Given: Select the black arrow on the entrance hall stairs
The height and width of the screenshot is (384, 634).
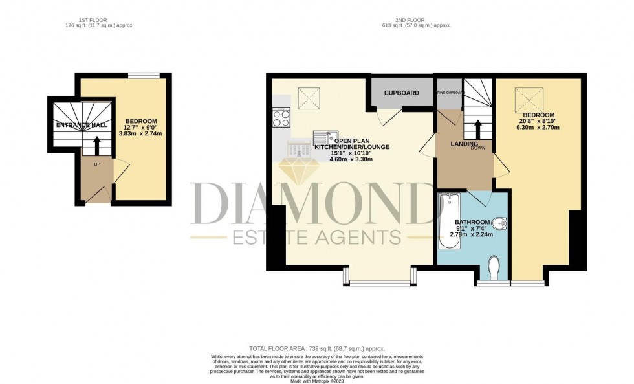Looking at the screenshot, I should tap(97, 145).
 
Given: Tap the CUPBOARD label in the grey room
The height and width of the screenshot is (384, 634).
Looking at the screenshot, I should tap(401, 93).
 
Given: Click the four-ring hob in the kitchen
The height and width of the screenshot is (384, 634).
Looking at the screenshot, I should tap(282, 119).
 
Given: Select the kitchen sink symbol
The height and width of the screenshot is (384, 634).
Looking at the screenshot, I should tap(323, 137).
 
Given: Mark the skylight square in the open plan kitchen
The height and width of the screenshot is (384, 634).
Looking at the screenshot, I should tap(309, 97).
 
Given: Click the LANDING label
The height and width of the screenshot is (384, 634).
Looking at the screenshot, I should tap(464, 144).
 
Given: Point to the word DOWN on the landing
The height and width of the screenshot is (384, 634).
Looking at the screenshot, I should tap(478, 147).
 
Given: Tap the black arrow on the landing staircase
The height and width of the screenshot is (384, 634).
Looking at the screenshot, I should tap(477, 128).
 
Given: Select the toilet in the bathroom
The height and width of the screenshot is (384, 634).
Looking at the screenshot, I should tap(495, 266).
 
